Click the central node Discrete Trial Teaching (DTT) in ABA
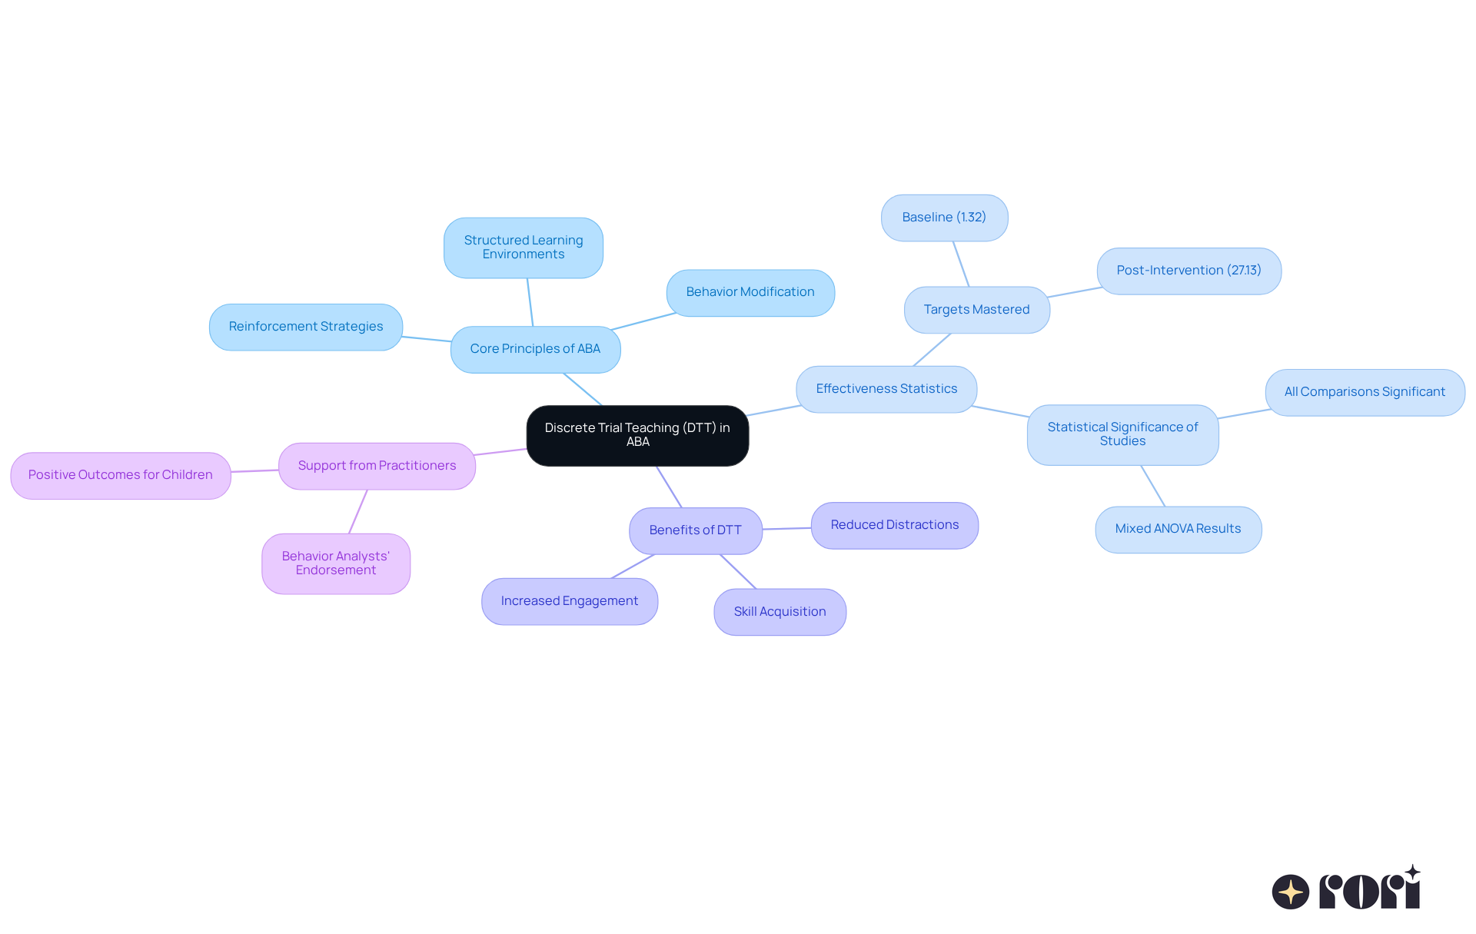[637, 435]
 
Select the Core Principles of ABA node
[535, 349]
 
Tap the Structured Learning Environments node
[524, 248]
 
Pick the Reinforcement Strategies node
[306, 327]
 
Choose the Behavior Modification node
[750, 292]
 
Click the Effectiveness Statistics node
[886, 389]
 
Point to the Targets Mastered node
[976, 310]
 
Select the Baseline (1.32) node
[944, 218]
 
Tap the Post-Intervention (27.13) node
[1188, 271]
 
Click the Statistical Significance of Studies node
[1122, 434]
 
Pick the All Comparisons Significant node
[1365, 392]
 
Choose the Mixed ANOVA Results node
[1178, 529]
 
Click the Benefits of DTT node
[695, 530]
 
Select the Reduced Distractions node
[895, 525]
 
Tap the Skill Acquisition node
[780, 612]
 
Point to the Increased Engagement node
[570, 601]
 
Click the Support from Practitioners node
[377, 466]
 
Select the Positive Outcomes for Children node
[121, 475]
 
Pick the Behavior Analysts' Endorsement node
[336, 563]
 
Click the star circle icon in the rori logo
[1290, 892]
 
